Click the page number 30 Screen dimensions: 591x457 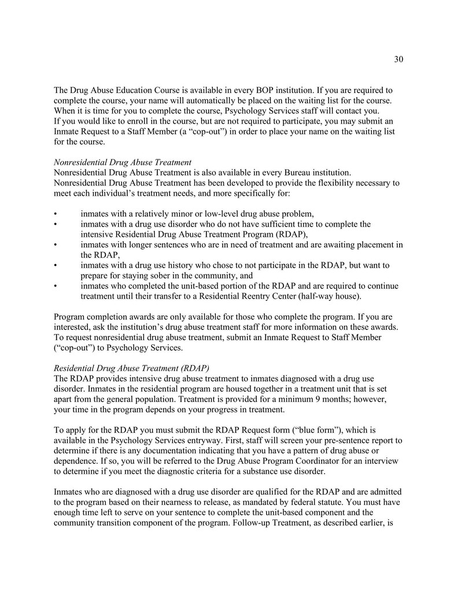pos(398,59)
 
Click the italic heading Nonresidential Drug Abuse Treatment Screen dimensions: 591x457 pos(122,162)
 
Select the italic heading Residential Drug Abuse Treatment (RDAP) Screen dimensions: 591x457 pos(131,368)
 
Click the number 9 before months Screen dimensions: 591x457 pos(315,399)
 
